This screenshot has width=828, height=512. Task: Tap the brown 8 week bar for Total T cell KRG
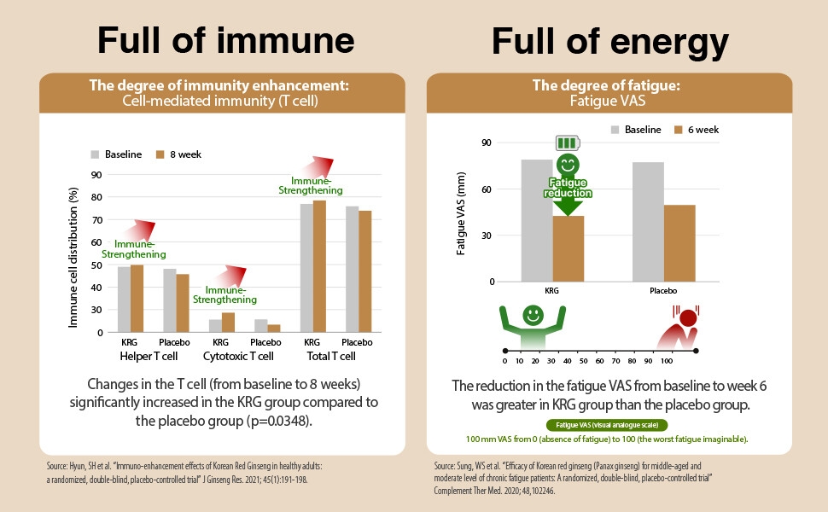click(319, 265)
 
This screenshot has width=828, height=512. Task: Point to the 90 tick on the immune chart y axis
click(96, 175)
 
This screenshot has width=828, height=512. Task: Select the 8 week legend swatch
click(160, 155)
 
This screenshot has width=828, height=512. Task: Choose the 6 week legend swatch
click(679, 130)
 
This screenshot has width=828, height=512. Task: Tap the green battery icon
click(568, 143)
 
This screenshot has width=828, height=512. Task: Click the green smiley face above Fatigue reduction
click(568, 164)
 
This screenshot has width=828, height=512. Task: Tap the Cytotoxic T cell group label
click(238, 356)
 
